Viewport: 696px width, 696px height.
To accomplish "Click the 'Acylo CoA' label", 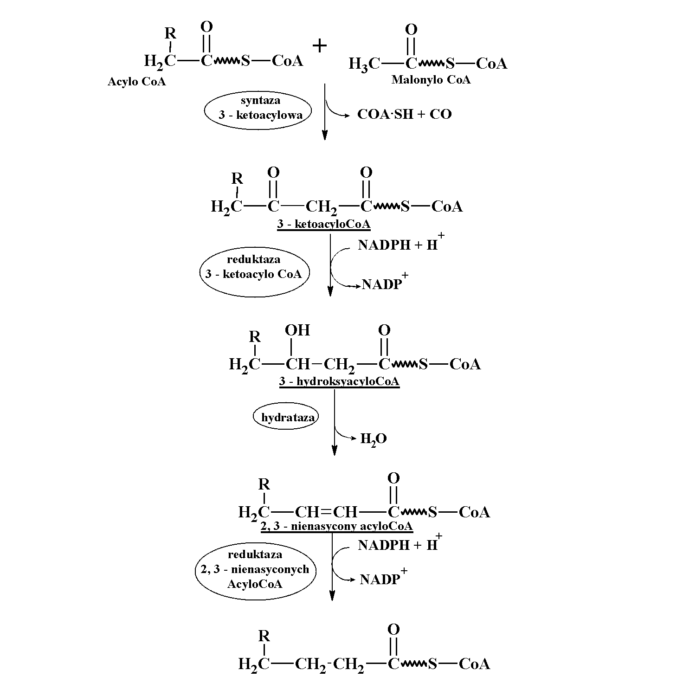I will (x=136, y=82).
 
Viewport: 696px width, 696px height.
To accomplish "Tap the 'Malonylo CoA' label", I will (x=431, y=80).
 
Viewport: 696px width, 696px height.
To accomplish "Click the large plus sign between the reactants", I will (x=319, y=45).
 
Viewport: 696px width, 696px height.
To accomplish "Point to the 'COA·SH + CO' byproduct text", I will (x=404, y=115).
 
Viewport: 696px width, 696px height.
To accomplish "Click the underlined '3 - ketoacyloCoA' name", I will (x=324, y=225).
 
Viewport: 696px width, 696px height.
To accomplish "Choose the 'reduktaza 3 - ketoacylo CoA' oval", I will (x=254, y=271).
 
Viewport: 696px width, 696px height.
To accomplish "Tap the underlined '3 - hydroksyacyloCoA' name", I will (x=339, y=382).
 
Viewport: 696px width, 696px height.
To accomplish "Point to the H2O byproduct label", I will (x=373, y=439).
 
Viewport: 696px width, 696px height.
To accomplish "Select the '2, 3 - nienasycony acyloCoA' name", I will (x=336, y=526).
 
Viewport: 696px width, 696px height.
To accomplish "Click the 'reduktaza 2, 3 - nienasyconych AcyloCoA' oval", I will (x=255, y=569).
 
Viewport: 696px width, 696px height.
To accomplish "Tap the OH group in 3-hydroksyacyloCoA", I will (x=297, y=330).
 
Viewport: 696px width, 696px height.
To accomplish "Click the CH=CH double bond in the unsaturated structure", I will (x=326, y=512).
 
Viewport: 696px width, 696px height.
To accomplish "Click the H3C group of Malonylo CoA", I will (x=364, y=64).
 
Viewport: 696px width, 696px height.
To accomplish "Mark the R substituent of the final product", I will (x=264, y=636).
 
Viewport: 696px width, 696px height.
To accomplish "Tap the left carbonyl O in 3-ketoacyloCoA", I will (x=273, y=173).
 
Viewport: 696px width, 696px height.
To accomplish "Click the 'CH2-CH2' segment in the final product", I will (x=329, y=664).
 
